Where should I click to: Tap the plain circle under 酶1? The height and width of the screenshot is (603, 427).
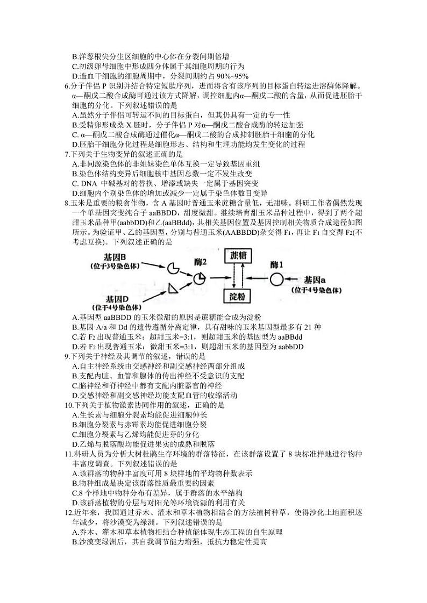click(x=276, y=279)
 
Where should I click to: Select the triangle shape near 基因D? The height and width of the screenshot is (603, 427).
click(x=173, y=289)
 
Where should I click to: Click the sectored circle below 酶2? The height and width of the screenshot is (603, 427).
click(x=200, y=278)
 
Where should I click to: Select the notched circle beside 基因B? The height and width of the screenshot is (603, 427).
click(x=174, y=267)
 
